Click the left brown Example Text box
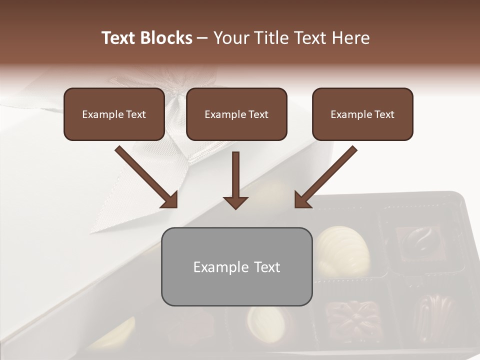(114, 114)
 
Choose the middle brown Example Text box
(236, 114)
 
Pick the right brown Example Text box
(362, 114)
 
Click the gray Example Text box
(236, 266)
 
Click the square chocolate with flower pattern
(353, 317)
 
